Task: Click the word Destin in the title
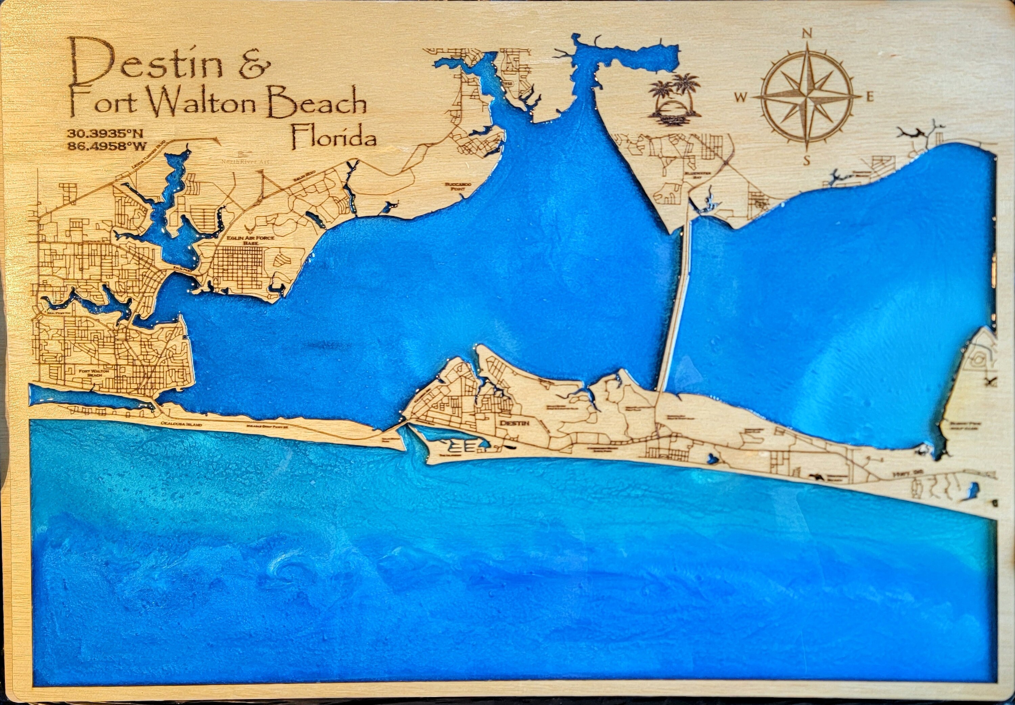[x=146, y=64]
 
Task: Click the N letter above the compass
[x=807, y=33]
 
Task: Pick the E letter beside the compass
[x=870, y=98]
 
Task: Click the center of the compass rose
[x=807, y=96]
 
